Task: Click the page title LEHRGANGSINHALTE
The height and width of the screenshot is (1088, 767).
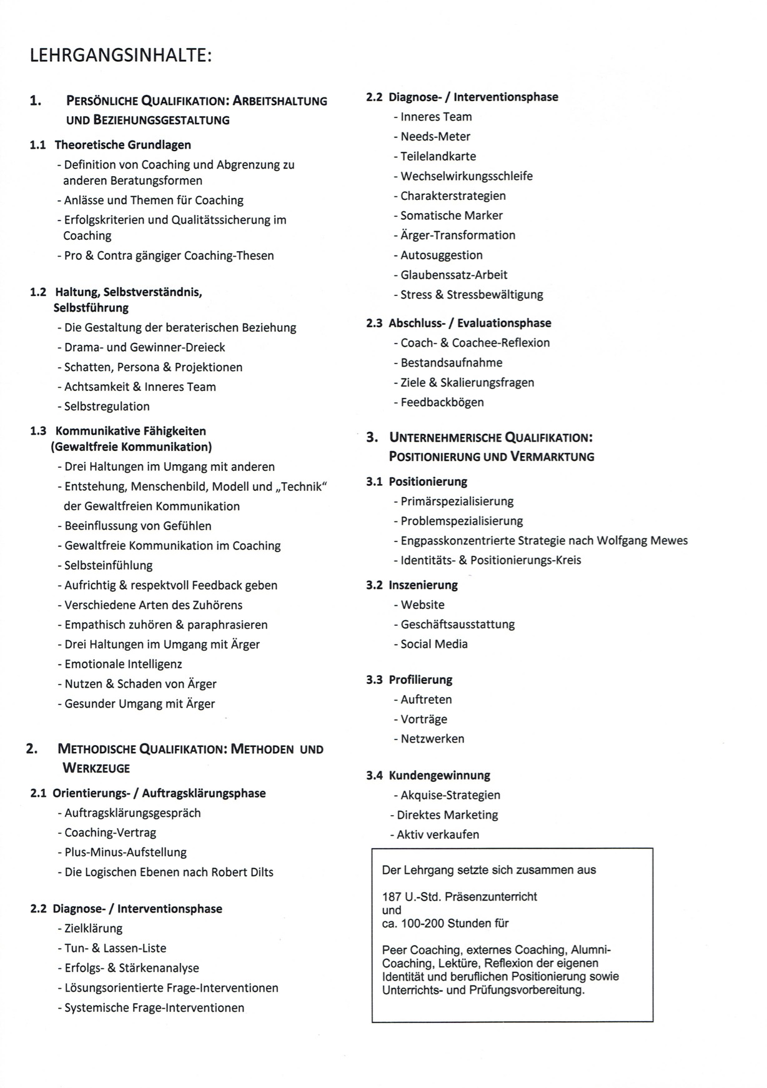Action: (x=121, y=56)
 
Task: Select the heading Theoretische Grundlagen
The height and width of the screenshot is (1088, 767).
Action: (x=122, y=145)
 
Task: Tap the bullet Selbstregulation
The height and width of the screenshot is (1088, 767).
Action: (x=107, y=407)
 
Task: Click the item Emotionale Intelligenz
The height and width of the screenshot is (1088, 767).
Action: (x=123, y=664)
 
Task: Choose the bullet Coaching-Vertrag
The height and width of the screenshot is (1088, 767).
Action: (x=110, y=833)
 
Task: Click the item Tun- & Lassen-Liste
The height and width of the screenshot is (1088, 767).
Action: (x=115, y=948)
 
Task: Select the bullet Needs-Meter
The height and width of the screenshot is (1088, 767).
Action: (x=435, y=137)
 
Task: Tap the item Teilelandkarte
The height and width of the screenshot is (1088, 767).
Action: (x=438, y=156)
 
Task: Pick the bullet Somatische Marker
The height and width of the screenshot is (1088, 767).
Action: (x=451, y=215)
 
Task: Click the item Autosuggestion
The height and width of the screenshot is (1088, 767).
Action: (x=441, y=255)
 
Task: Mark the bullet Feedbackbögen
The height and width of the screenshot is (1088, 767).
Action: (x=442, y=402)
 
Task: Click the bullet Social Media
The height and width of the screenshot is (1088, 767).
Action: (x=433, y=644)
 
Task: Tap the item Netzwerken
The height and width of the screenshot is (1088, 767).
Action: (x=432, y=739)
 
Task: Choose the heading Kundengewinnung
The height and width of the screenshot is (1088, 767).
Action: (x=439, y=776)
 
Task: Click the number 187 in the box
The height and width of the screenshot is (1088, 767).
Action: (x=392, y=897)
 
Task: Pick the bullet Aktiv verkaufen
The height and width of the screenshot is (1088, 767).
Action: (x=438, y=834)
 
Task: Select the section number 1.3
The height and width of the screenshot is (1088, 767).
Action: (x=38, y=431)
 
